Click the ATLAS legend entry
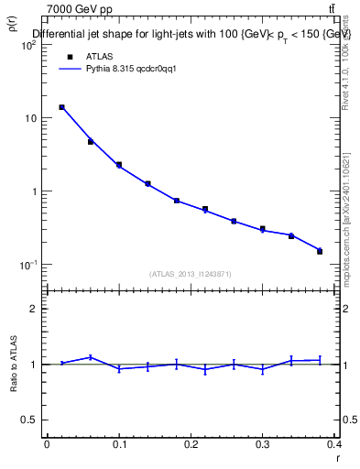pyautogui.click(x=98, y=56)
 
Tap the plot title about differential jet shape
pyautogui.click(x=191, y=34)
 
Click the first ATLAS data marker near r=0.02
pyautogui.click(x=61, y=107)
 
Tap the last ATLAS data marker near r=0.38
pyautogui.click(x=320, y=251)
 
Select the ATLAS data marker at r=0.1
pyautogui.click(x=119, y=165)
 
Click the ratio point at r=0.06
pyautogui.click(x=90, y=357)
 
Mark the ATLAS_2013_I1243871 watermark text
pyautogui.click(x=191, y=274)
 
